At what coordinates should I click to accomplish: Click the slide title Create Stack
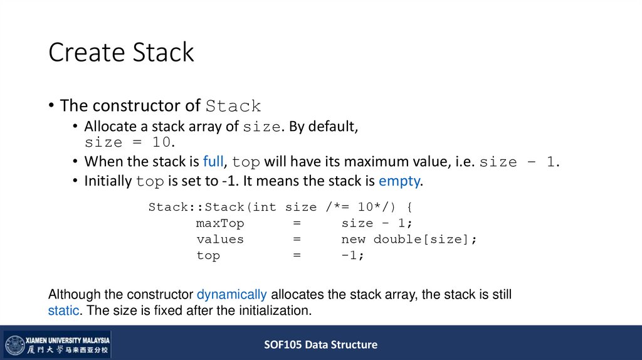click(x=121, y=53)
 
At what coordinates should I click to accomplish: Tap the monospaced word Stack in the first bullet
click(x=233, y=106)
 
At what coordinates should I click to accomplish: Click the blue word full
click(x=213, y=161)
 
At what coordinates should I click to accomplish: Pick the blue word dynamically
click(x=232, y=295)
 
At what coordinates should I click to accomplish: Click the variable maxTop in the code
click(x=220, y=223)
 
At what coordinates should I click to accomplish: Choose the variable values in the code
click(x=220, y=240)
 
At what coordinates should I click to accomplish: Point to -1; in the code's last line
click(x=353, y=256)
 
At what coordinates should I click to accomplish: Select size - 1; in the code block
click(x=377, y=223)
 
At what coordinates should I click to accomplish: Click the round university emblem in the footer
click(x=14, y=346)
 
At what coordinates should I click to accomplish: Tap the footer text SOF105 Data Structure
click(x=320, y=344)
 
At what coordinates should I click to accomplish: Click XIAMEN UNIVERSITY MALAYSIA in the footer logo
click(x=67, y=339)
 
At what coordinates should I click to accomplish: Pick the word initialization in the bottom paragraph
click(x=278, y=310)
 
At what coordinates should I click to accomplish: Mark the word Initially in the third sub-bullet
click(x=108, y=182)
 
